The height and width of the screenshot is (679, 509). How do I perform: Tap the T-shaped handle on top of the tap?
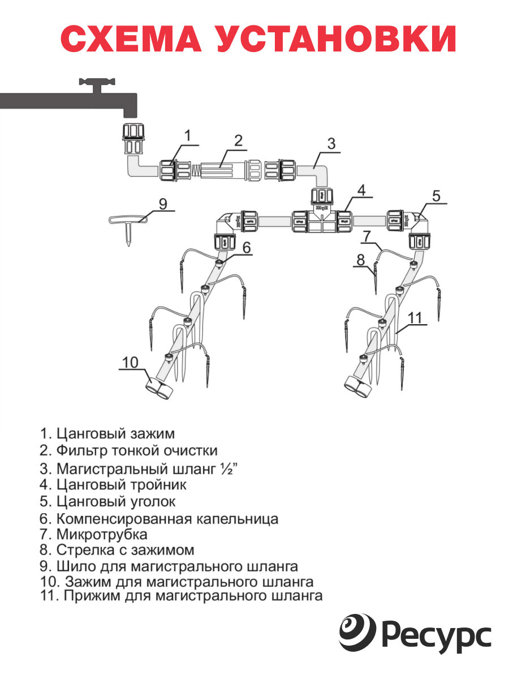point(97,85)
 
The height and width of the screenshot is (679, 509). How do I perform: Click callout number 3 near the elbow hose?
point(332,143)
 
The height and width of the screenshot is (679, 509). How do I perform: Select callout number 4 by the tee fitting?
point(361,190)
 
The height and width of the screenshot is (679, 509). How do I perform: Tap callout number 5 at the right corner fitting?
point(436,196)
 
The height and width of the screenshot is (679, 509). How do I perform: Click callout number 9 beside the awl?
point(163,204)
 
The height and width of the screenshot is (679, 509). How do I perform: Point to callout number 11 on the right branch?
point(416,318)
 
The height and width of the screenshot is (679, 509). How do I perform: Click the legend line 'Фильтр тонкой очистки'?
point(129,451)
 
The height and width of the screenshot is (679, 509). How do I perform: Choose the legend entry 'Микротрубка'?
point(94,534)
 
